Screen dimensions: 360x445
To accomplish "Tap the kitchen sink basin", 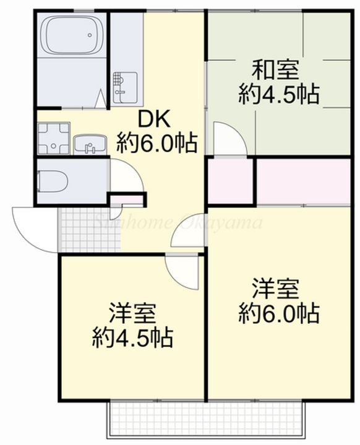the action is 126,87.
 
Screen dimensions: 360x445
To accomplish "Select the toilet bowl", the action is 53,182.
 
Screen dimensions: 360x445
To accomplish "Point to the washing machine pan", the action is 53,138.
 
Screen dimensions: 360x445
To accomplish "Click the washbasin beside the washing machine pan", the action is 90,145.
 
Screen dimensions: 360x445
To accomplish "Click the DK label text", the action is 154,119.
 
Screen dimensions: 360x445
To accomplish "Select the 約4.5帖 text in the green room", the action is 279,94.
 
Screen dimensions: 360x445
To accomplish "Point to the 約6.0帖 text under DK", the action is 157,143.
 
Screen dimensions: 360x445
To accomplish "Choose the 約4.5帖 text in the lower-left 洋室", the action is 133,337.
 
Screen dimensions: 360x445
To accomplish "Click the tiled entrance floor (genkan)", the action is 90,230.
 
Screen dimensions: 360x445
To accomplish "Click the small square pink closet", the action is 231,181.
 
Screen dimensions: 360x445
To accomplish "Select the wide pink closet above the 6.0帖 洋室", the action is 304,182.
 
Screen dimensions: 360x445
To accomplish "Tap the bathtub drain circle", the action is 90,35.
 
